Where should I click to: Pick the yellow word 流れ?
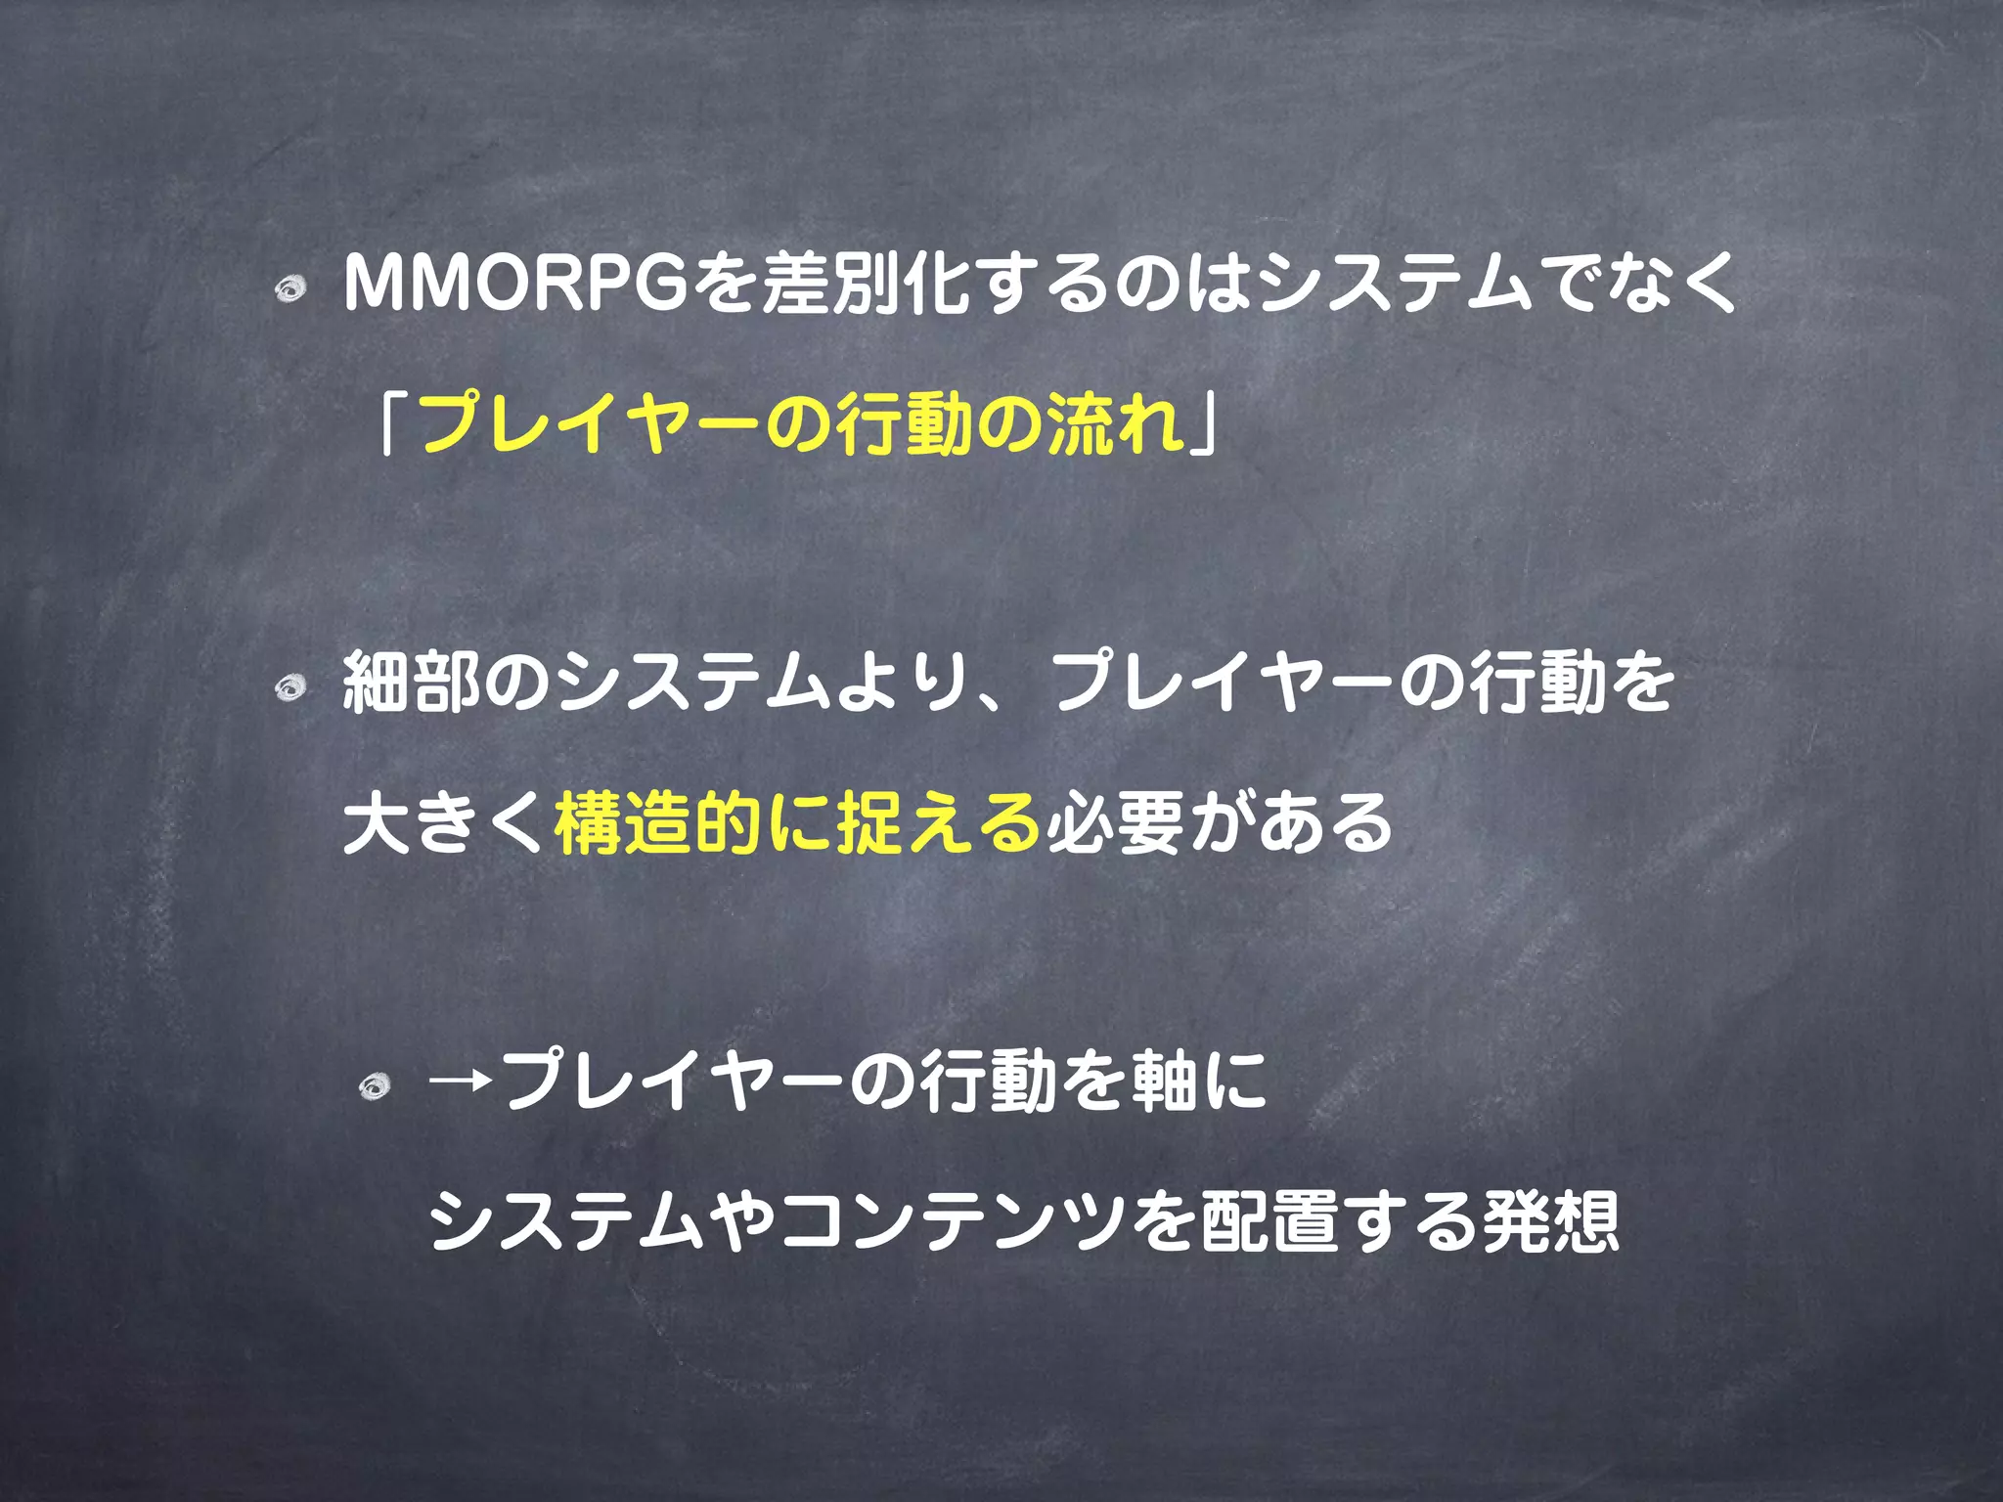(x=1115, y=423)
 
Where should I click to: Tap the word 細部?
(x=411, y=682)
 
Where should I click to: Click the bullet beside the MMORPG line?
(x=290, y=289)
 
